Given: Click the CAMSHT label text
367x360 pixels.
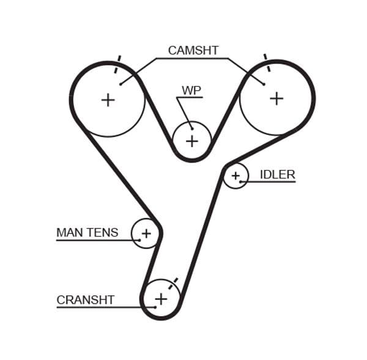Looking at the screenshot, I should pyautogui.click(x=193, y=51).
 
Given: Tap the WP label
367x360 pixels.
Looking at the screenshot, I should pyautogui.click(x=191, y=90).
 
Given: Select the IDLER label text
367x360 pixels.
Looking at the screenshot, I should pyautogui.click(x=277, y=174).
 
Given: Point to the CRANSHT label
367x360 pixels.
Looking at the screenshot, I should pyautogui.click(x=85, y=300).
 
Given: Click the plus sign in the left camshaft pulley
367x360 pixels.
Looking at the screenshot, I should pyautogui.click(x=108, y=100).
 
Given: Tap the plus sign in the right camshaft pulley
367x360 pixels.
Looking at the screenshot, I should pyautogui.click(x=276, y=98).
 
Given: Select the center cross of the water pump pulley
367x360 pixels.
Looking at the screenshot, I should pyautogui.click(x=192, y=141).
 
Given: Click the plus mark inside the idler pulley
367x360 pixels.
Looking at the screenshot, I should pyautogui.click(x=235, y=176).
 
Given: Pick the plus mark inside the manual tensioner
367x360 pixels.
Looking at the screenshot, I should pyautogui.click(x=146, y=233).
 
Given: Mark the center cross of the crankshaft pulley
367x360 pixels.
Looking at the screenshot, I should pyautogui.click(x=160, y=299).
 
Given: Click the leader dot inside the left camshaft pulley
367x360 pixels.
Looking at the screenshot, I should pyautogui.click(x=120, y=84).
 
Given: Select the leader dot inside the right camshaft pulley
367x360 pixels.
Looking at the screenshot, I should pyautogui.click(x=264, y=84).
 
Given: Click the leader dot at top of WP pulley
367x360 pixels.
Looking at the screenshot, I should pyautogui.click(x=191, y=128).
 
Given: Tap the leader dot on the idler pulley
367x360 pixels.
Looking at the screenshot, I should pyautogui.click(x=241, y=182).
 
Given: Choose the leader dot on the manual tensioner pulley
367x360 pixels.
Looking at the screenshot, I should pyautogui.click(x=139, y=240).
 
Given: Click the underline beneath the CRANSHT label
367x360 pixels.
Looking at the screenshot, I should pyautogui.click(x=104, y=307).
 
